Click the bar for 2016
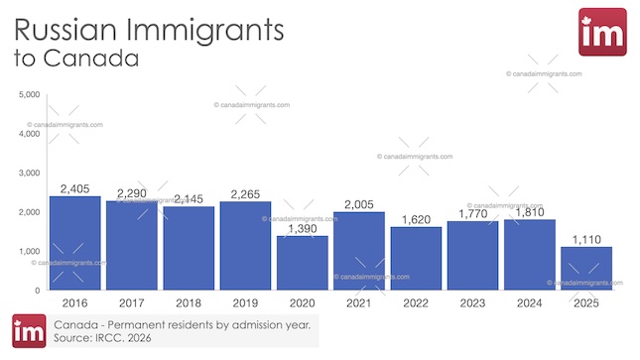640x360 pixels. (x=74, y=243)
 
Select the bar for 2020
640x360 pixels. (x=302, y=263)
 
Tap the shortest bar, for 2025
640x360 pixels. (x=585, y=268)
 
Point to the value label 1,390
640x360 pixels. (x=302, y=229)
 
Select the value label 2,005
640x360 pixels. (x=358, y=204)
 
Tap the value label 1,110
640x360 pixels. (x=585, y=239)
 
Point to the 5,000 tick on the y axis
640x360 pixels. (x=28, y=95)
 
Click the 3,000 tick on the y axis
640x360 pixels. (x=28, y=174)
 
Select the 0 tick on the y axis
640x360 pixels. (x=36, y=291)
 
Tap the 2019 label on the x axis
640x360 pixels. (x=245, y=302)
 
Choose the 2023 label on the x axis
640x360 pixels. (x=472, y=302)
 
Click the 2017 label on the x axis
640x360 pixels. (x=131, y=302)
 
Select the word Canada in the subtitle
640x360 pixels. (x=90, y=59)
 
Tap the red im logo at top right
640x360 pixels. (x=601, y=33)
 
